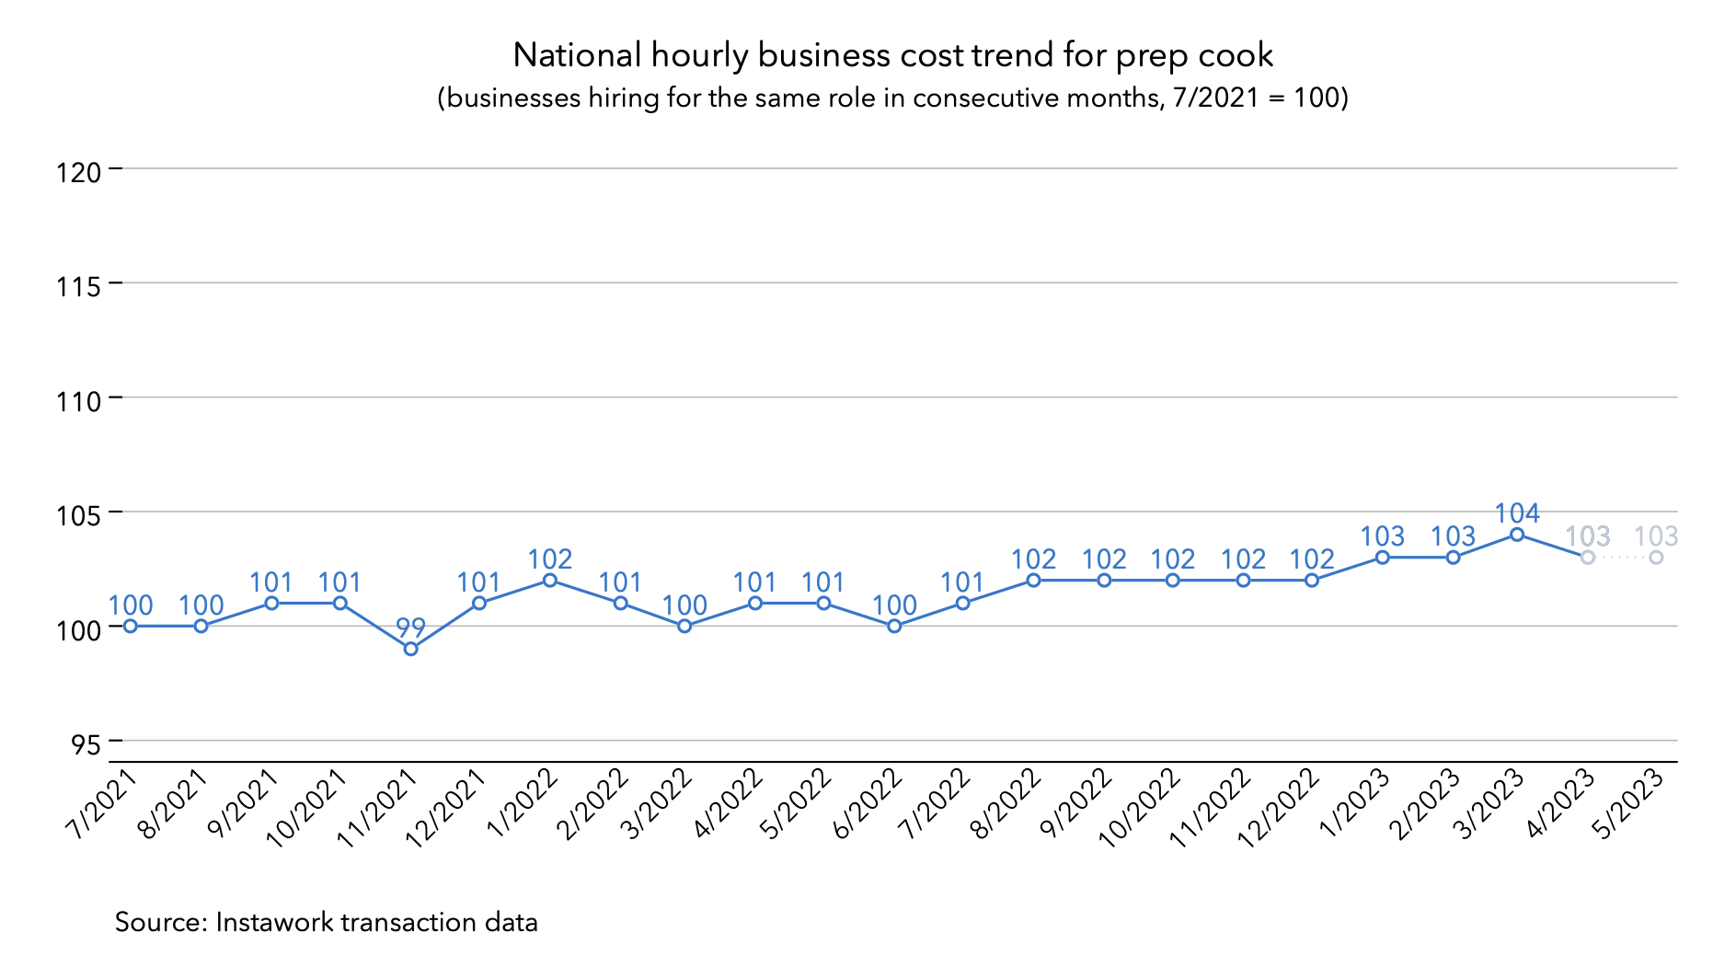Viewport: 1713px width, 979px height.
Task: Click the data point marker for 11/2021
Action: (411, 649)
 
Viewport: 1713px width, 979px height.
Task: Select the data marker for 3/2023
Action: (1517, 535)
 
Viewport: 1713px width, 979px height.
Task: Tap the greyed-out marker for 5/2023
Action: (1656, 558)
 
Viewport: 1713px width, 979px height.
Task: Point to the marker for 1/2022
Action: (550, 581)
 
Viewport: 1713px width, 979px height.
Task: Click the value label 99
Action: (411, 628)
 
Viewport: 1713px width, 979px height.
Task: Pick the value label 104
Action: (1517, 513)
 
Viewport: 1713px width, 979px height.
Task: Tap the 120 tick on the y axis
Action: (78, 171)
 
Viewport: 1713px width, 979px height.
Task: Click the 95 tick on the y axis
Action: (86, 743)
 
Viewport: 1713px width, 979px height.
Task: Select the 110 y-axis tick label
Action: (78, 400)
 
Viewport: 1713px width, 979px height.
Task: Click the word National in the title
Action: (577, 55)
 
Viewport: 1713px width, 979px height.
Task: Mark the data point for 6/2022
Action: (894, 627)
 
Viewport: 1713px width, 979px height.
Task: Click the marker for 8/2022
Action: (1033, 581)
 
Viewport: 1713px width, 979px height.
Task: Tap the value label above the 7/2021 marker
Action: (131, 605)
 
